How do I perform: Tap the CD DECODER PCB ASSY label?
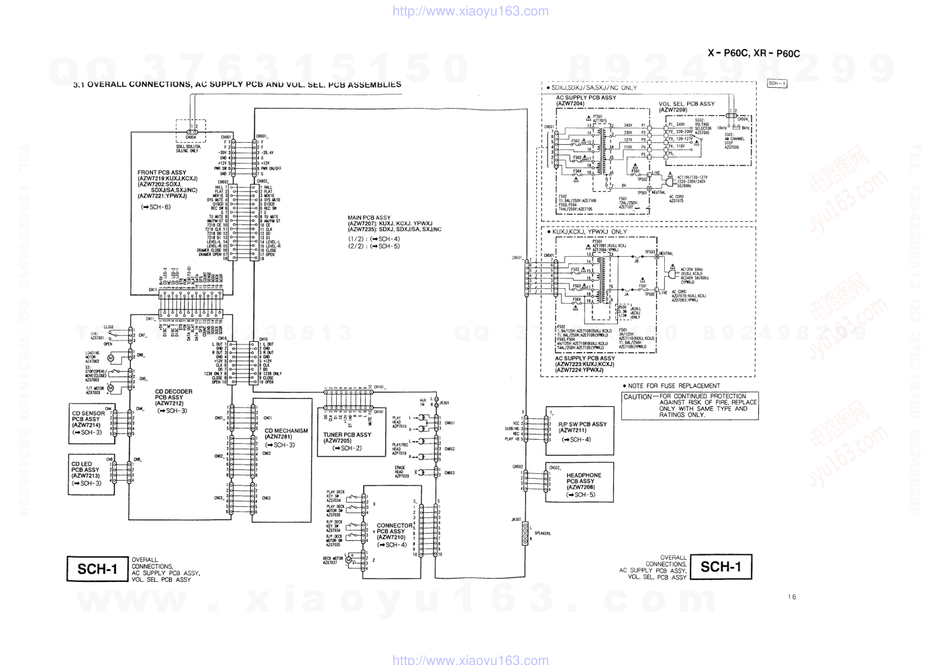pyautogui.click(x=173, y=398)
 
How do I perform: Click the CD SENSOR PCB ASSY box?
pyautogui.click(x=91, y=423)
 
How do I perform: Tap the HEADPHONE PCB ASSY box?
pyautogui.click(x=579, y=483)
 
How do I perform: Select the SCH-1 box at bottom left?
pyautogui.click(x=97, y=569)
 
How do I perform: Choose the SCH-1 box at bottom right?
pyautogui.click(x=721, y=567)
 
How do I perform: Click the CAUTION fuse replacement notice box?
pyautogui.click(x=690, y=406)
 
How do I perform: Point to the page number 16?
pyautogui.click(x=792, y=597)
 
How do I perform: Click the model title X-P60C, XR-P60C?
pyautogui.click(x=753, y=53)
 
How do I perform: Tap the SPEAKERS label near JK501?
pyautogui.click(x=542, y=534)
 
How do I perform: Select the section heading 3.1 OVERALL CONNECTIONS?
pyautogui.click(x=238, y=85)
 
